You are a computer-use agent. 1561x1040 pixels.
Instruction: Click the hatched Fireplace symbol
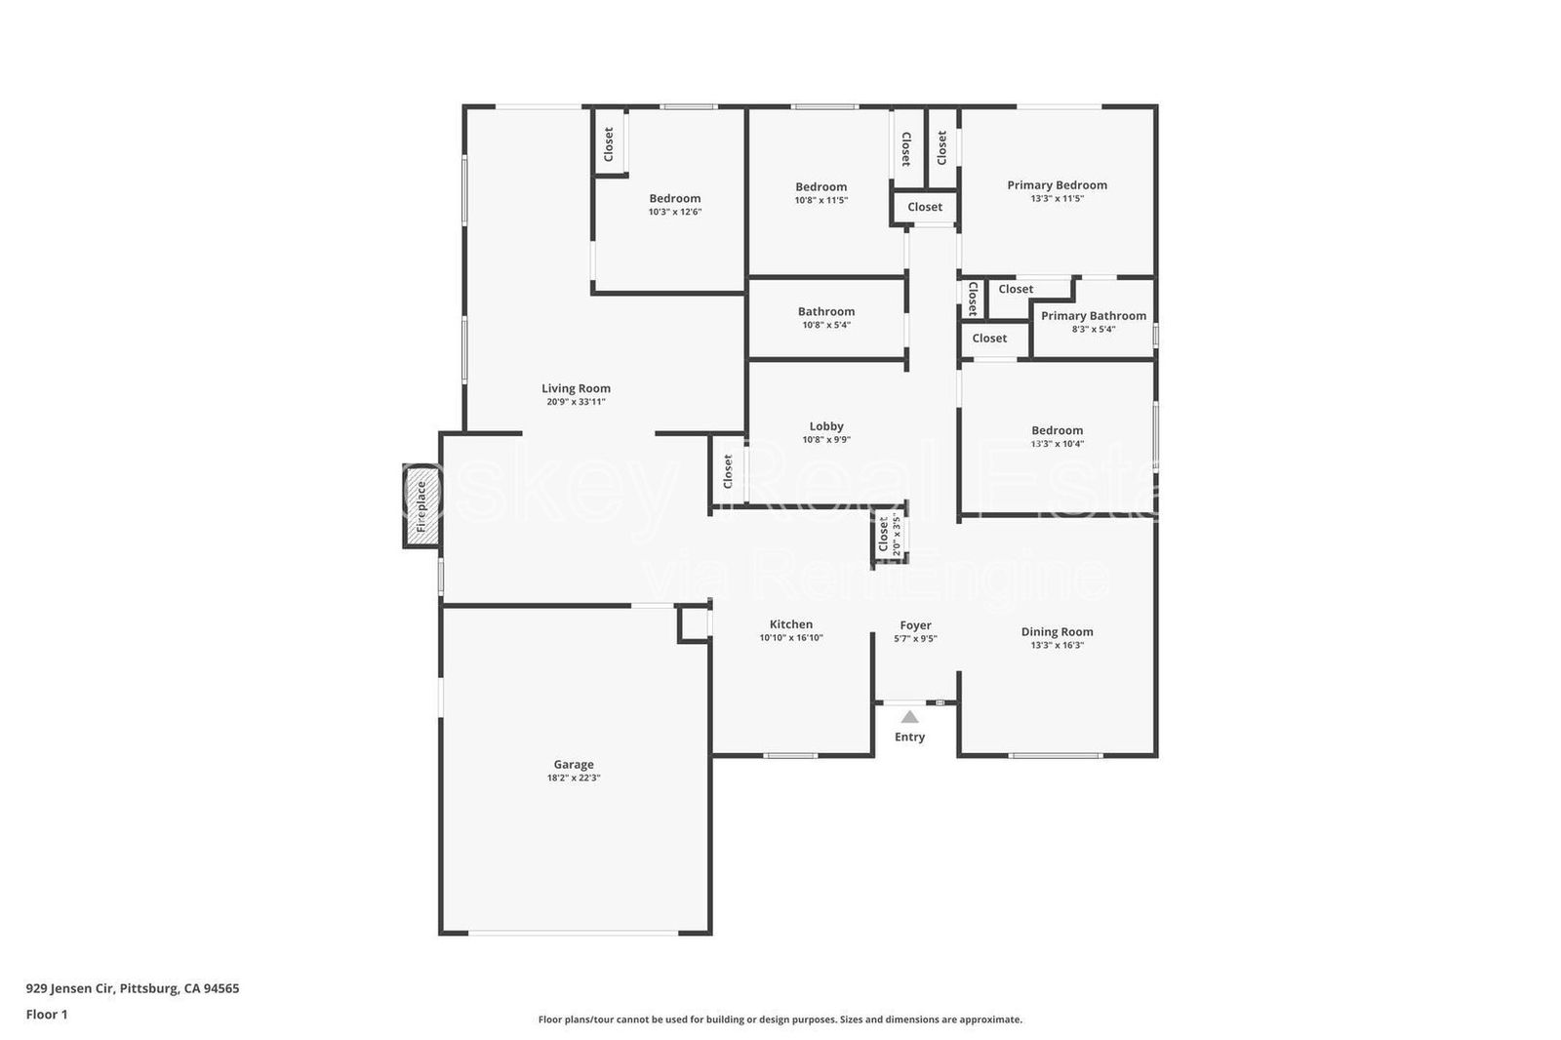click(421, 505)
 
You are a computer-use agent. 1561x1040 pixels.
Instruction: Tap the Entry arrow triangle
click(909, 717)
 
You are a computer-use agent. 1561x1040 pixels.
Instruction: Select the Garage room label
click(574, 765)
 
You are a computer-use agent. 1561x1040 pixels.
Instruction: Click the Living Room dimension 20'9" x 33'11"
click(576, 402)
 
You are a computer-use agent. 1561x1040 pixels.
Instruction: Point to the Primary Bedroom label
click(1057, 185)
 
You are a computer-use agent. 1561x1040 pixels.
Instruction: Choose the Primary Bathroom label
click(1093, 316)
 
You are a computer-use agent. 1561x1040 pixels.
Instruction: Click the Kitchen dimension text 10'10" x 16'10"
click(791, 638)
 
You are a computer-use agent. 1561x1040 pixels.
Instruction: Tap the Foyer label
click(915, 625)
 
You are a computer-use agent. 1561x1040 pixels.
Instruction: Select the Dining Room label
click(1057, 632)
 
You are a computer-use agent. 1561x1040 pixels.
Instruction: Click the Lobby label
click(826, 426)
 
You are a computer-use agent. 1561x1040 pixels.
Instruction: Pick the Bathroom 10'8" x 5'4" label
click(826, 312)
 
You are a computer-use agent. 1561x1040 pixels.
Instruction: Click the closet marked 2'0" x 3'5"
click(889, 537)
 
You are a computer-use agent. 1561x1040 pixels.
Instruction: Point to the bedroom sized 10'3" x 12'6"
click(675, 199)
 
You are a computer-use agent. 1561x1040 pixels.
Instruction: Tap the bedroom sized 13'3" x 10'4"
click(1057, 431)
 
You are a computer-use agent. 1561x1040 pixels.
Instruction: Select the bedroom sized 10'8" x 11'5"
click(821, 187)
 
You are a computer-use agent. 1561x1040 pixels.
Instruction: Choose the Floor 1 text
click(47, 1015)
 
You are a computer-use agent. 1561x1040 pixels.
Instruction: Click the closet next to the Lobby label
click(728, 471)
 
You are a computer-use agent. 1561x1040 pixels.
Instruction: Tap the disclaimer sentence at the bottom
click(780, 1020)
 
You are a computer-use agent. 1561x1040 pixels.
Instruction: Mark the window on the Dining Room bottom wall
click(1056, 755)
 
